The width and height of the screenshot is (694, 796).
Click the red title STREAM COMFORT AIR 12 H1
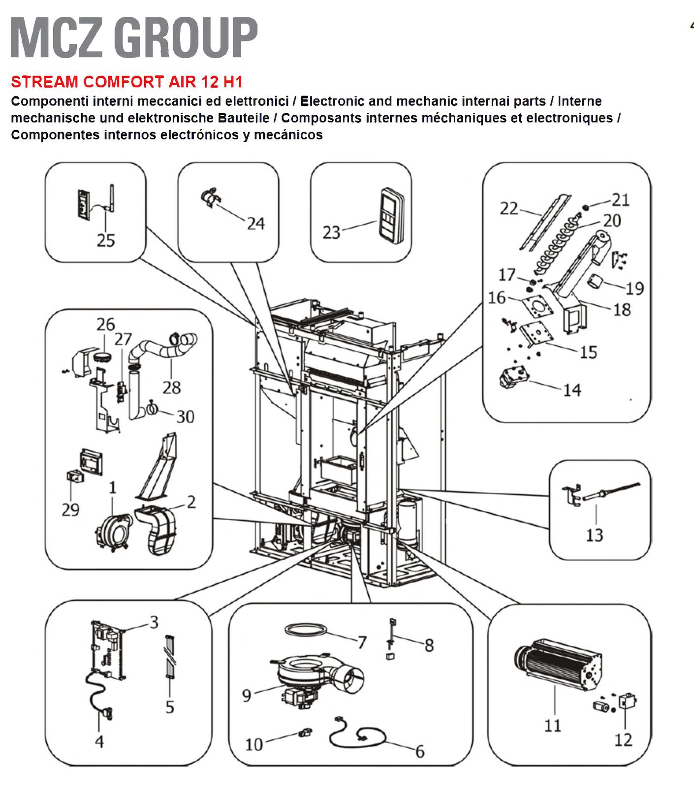click(127, 82)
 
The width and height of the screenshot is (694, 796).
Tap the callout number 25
click(105, 240)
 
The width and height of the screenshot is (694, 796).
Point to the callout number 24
click(255, 224)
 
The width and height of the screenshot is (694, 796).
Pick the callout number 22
click(509, 209)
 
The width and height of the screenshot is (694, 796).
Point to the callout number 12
click(623, 739)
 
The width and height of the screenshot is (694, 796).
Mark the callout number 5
click(170, 707)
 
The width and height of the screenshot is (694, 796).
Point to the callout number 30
click(185, 417)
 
